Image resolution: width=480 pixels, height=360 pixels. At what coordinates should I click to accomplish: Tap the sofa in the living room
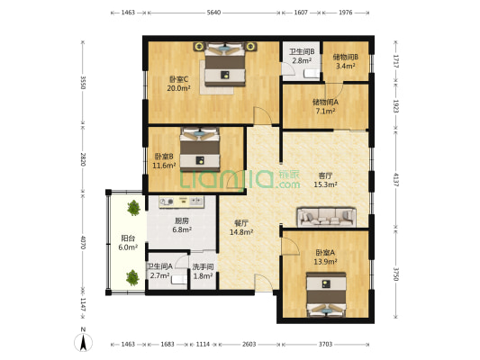pyautogui.click(x=327, y=217)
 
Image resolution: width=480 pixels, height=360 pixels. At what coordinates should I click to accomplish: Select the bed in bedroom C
pyautogui.click(x=225, y=64)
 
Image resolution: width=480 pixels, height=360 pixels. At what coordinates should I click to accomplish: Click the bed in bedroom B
pyautogui.click(x=200, y=149)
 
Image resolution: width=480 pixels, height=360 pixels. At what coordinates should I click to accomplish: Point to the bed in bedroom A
pyautogui.click(x=327, y=294)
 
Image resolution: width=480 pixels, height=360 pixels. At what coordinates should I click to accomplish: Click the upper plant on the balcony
pyautogui.click(x=134, y=208)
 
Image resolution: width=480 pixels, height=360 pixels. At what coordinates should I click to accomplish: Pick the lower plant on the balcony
pyautogui.click(x=133, y=277)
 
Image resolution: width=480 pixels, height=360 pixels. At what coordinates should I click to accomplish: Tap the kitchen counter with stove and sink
pyautogui.click(x=182, y=202)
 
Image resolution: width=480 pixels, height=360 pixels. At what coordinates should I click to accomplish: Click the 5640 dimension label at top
pyautogui.click(x=213, y=13)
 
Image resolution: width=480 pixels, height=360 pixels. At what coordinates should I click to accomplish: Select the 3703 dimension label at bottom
pyautogui.click(x=325, y=345)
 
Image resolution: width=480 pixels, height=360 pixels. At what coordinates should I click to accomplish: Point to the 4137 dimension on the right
pyautogui.click(x=396, y=180)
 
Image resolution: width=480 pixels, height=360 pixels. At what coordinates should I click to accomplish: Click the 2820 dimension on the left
pyautogui.click(x=82, y=159)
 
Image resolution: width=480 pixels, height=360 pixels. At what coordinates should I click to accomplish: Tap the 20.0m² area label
pyautogui.click(x=179, y=88)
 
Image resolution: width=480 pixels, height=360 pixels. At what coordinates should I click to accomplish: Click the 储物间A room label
pyautogui.click(x=325, y=103)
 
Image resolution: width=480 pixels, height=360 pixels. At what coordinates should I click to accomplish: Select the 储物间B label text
pyautogui.click(x=346, y=57)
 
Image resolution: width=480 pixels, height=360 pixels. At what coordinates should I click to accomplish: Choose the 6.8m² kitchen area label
pyautogui.click(x=182, y=229)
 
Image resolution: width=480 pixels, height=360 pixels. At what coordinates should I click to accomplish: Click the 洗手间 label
pyautogui.click(x=203, y=267)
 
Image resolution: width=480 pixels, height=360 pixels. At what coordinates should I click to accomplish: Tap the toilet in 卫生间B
pyautogui.click(x=312, y=74)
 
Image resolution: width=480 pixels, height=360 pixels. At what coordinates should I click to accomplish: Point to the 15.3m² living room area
pyautogui.click(x=326, y=184)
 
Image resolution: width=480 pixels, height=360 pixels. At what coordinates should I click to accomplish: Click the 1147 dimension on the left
pyautogui.click(x=82, y=304)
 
